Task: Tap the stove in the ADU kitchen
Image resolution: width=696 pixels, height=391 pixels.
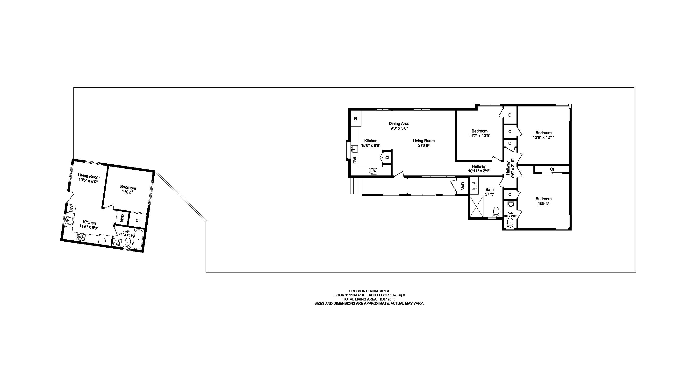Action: (81, 237)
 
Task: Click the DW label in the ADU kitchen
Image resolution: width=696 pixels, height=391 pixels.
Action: (71, 209)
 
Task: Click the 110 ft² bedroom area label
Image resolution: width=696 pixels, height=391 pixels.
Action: (128, 192)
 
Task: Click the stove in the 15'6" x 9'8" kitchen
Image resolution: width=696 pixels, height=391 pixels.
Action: (373, 171)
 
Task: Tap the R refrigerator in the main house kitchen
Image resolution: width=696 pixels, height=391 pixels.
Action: (356, 119)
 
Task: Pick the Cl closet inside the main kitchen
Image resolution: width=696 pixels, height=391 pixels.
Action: (387, 157)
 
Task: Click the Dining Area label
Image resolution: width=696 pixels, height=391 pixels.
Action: (399, 123)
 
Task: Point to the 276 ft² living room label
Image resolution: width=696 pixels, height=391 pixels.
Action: (424, 145)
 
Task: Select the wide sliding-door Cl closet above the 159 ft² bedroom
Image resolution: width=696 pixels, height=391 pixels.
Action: (552, 169)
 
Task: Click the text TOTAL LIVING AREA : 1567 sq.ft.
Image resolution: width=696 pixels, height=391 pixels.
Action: (369, 299)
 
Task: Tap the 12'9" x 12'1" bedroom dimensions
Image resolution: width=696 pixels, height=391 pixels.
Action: (543, 137)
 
